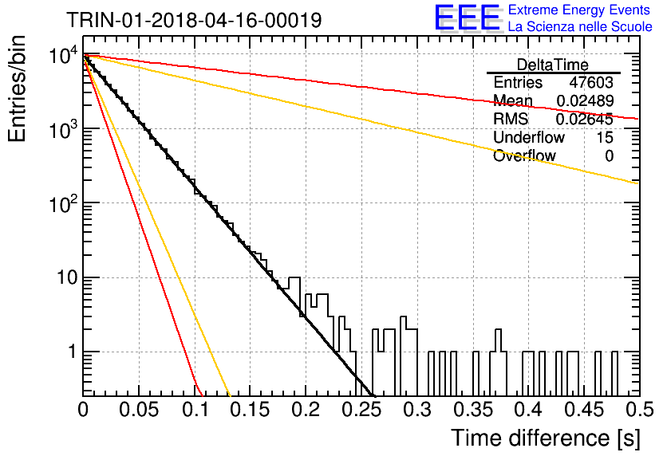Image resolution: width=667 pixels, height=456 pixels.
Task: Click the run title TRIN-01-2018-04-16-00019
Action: point(194,20)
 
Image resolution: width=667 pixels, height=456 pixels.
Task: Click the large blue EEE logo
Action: point(467,18)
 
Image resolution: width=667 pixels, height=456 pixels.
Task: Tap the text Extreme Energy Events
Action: point(578,10)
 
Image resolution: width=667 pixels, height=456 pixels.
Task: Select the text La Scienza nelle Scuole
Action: point(580,26)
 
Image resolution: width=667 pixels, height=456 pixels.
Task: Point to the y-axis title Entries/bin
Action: point(18,89)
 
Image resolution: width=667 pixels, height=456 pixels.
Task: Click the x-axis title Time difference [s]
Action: point(546,438)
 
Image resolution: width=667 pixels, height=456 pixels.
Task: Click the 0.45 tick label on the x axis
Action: point(585,410)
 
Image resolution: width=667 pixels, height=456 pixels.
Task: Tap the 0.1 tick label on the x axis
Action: point(195,410)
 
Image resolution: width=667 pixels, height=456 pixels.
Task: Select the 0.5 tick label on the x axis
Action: point(640,410)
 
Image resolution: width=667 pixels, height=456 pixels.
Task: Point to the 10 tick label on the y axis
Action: point(67,278)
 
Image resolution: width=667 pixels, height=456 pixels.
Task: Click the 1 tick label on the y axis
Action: point(73,352)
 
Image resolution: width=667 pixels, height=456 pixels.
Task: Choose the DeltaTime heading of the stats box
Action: point(553,65)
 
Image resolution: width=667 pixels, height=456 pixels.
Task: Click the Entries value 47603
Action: point(591,82)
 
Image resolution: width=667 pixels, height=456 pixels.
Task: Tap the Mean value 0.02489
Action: point(585,100)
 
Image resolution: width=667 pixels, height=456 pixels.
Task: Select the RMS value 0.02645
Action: point(585,120)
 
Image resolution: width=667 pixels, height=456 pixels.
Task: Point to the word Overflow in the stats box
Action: point(524,156)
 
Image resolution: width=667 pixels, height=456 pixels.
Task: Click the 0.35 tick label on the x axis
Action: point(473,410)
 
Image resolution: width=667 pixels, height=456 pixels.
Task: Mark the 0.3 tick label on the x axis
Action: point(418,410)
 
